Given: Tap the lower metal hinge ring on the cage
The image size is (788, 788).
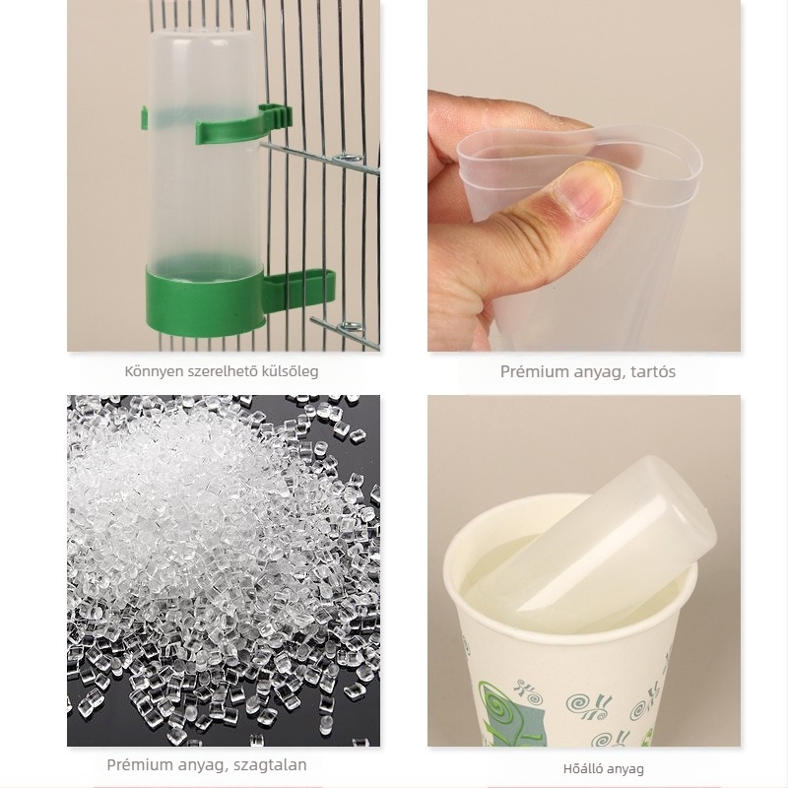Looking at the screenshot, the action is click(x=352, y=327).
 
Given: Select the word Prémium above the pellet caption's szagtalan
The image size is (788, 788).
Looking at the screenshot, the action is click(x=134, y=765).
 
